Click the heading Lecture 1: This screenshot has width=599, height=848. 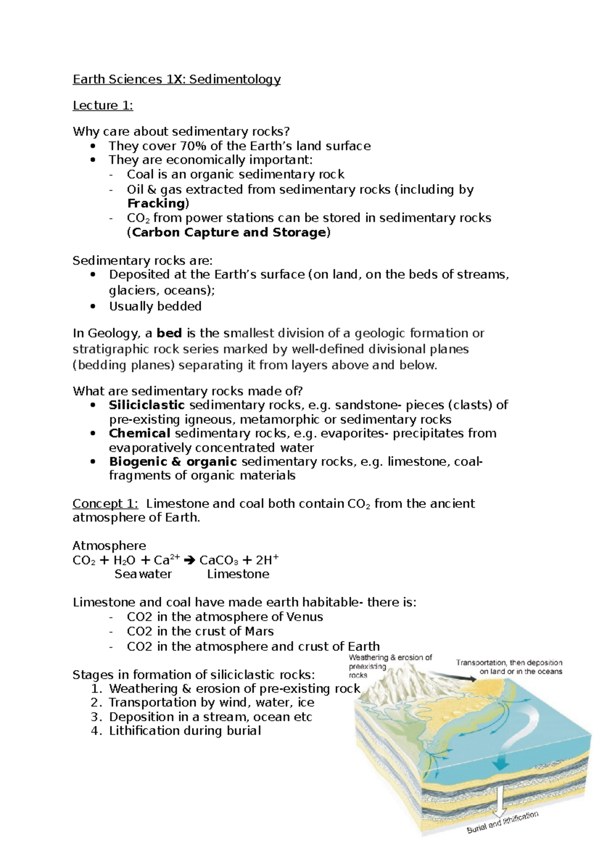tap(103, 105)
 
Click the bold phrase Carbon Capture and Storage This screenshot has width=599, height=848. tap(229, 232)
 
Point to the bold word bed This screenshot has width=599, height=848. tap(169, 333)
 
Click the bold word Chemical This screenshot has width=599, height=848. tap(140, 433)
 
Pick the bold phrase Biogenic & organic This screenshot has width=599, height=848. tap(173, 461)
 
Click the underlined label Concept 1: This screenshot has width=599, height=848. tap(105, 503)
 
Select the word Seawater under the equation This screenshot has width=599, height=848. tap(143, 574)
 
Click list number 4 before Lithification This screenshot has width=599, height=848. tap(96, 731)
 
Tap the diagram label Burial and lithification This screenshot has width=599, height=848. tap(502, 823)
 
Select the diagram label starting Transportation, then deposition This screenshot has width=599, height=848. tap(509, 667)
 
